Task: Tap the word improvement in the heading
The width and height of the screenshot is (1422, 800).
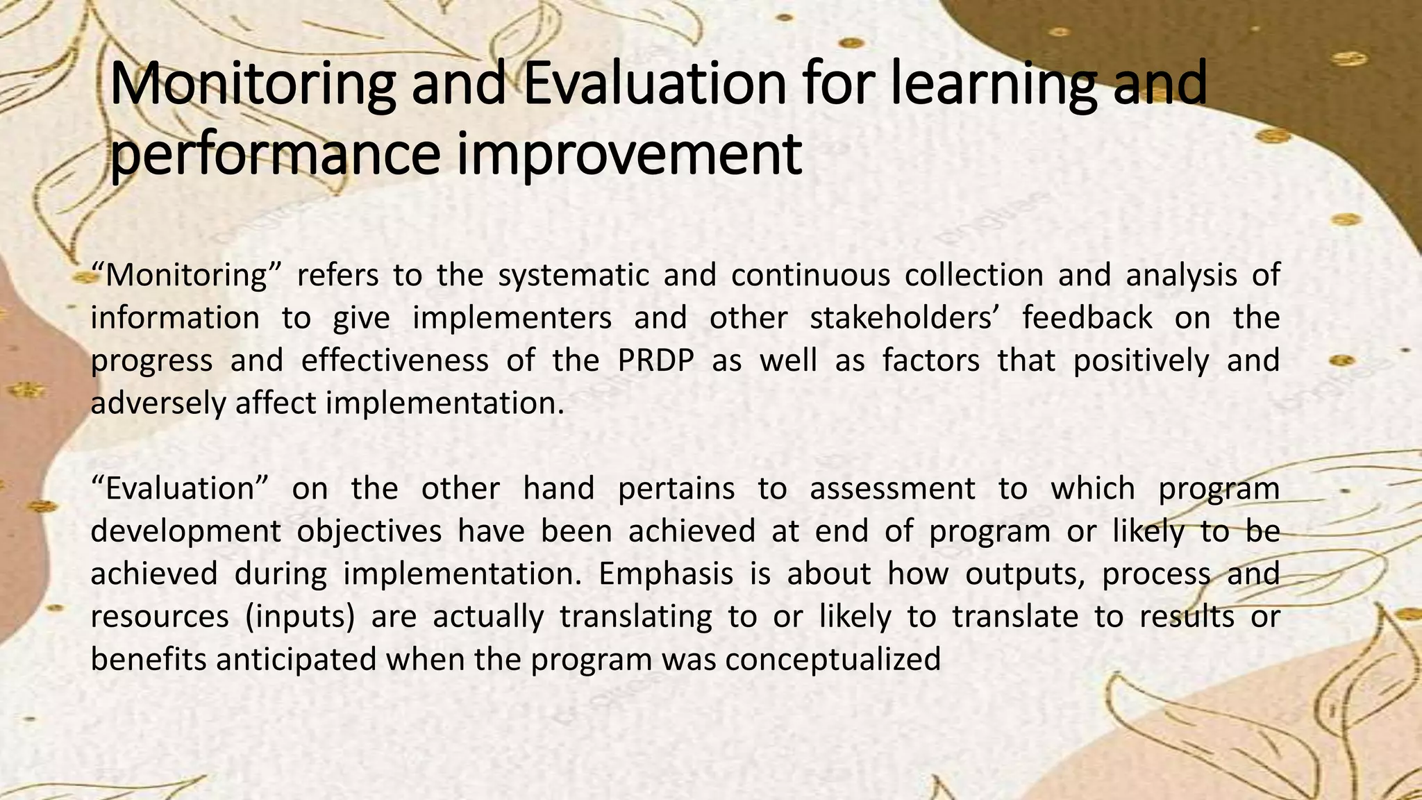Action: (x=629, y=154)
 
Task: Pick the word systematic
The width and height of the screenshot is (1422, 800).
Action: (x=573, y=276)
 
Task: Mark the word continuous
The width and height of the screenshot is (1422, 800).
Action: (x=810, y=276)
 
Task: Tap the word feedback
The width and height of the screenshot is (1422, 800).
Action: (x=1087, y=318)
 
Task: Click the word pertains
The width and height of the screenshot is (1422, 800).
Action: (x=676, y=489)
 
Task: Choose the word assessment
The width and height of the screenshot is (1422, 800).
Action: (x=892, y=489)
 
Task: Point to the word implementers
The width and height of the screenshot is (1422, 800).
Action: (x=512, y=318)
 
